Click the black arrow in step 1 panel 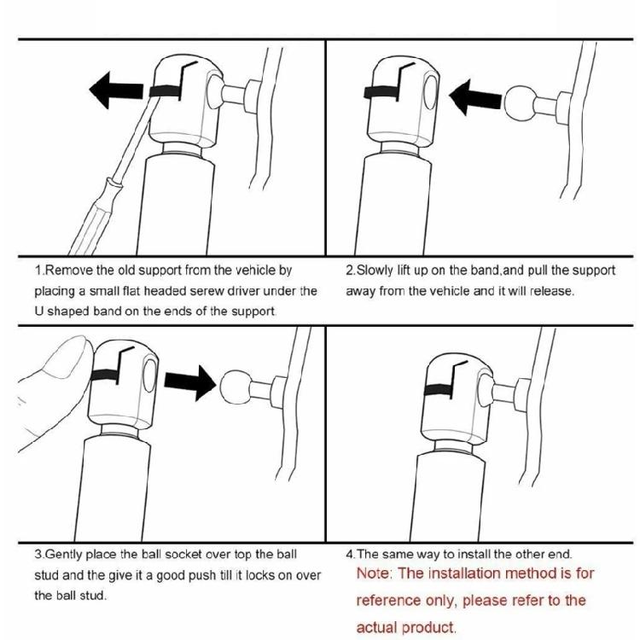click(116, 90)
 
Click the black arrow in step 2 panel click(475, 97)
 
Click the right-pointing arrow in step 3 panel click(189, 383)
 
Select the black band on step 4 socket click(438, 390)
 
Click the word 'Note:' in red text click(374, 573)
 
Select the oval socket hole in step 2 click(430, 92)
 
